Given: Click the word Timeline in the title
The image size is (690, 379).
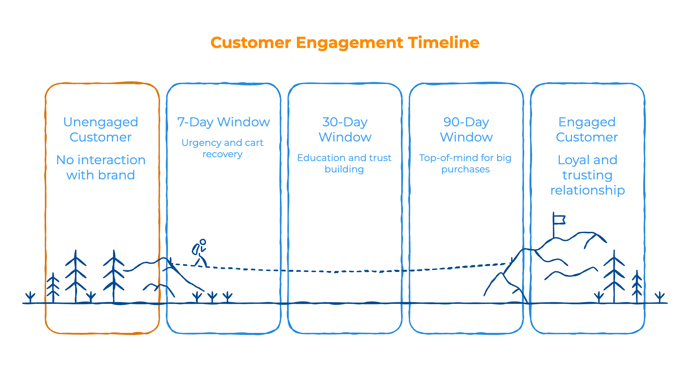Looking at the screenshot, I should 444,43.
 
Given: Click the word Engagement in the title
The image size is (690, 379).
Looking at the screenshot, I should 349,43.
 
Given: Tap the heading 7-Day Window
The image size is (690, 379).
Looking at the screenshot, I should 223,122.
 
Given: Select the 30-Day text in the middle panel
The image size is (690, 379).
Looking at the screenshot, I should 345,122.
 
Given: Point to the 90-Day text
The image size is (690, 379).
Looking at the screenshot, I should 466,122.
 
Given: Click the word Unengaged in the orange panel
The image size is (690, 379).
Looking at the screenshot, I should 100,122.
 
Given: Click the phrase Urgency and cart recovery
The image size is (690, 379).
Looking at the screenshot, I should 222,148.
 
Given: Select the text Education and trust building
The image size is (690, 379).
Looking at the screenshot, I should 344,163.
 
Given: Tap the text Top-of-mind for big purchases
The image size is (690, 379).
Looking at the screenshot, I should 465,163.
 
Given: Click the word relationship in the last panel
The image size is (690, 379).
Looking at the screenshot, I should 587,190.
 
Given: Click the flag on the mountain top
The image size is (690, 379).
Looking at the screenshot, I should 559,220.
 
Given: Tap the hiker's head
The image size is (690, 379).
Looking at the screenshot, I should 203,242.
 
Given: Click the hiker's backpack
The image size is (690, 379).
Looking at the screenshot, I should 196,250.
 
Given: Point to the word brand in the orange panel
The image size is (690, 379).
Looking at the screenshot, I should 117,175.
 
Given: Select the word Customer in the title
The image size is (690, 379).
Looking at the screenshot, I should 251,43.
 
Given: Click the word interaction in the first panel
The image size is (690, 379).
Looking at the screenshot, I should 112,160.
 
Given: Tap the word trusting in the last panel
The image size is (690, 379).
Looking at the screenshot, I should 587,175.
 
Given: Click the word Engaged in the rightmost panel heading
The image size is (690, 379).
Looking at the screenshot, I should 587,122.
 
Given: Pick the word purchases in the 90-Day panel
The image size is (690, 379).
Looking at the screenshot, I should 465,170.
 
